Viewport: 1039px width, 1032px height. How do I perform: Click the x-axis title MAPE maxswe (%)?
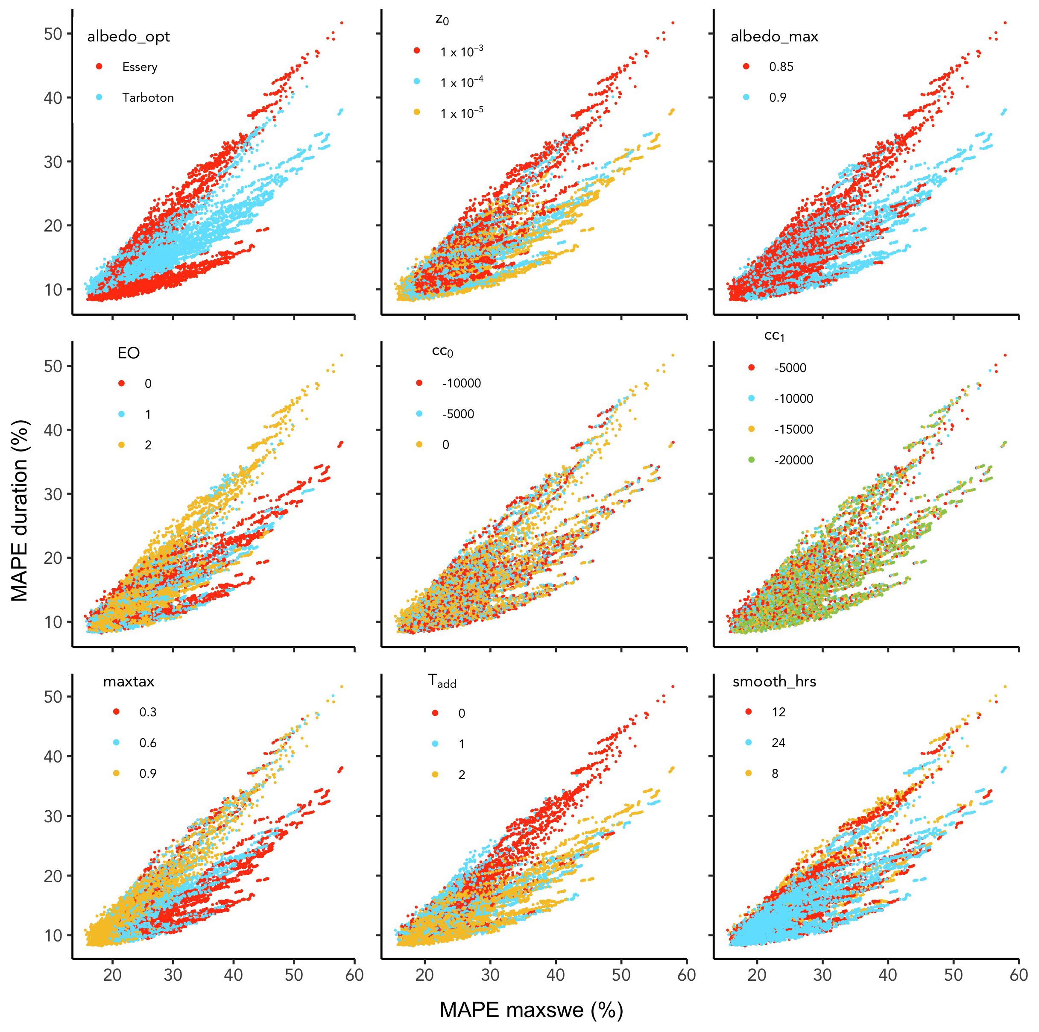531,1009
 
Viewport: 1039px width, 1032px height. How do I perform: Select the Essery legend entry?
139,67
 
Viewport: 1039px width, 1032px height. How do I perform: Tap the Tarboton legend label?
147,97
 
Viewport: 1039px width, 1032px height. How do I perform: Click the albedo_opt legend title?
128,37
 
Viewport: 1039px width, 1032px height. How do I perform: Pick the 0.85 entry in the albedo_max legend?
781,67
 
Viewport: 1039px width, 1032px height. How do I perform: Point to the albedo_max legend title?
774,37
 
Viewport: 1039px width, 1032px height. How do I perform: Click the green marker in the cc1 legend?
751,460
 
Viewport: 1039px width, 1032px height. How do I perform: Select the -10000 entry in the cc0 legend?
461,384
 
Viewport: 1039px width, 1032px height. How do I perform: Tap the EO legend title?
129,353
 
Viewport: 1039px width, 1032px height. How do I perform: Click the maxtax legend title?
129,682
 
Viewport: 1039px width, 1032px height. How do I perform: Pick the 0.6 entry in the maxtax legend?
147,743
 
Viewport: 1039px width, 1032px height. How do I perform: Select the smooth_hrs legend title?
774,682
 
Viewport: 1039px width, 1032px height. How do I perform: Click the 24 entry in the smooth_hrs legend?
778,743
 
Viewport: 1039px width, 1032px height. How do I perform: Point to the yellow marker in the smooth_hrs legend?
748,773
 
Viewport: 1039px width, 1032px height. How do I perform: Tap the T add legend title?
442,682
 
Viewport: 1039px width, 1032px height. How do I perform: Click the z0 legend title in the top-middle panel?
442,20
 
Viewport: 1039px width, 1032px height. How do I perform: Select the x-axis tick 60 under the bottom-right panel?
1019,975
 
